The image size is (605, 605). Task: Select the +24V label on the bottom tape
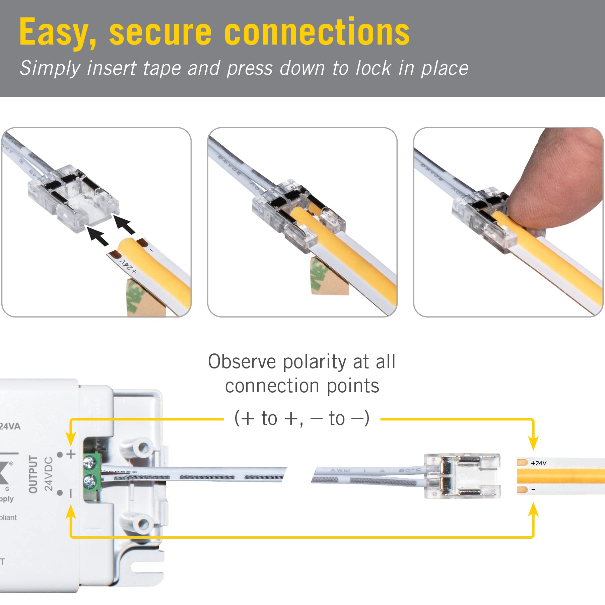pyautogui.click(x=538, y=463)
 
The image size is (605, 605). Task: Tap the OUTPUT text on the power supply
pyautogui.click(x=33, y=474)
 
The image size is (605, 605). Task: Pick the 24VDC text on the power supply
pyautogui.click(x=49, y=474)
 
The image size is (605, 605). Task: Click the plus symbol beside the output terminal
pyautogui.click(x=71, y=454)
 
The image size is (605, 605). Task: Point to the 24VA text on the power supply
pyautogui.click(x=10, y=426)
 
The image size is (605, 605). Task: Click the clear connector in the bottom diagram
pyautogui.click(x=462, y=476)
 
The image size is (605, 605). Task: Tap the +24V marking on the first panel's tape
pyautogui.click(x=128, y=266)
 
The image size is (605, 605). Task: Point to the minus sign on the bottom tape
pyautogui.click(x=533, y=489)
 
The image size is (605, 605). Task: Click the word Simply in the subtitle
pyautogui.click(x=50, y=68)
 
